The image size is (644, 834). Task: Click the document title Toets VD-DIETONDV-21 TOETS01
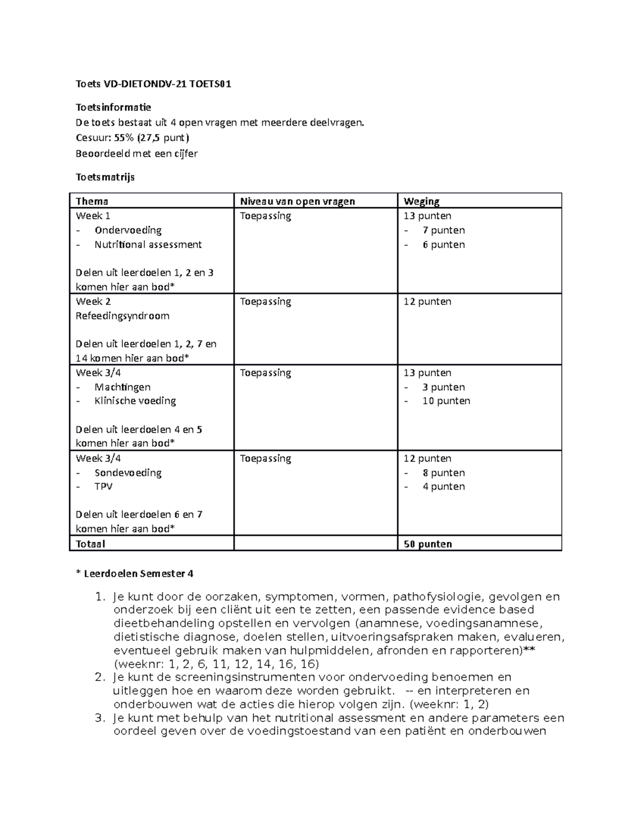(x=153, y=84)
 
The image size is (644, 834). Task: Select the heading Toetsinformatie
(x=113, y=107)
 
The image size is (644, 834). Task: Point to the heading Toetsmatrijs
(x=105, y=177)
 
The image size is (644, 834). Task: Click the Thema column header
(x=92, y=201)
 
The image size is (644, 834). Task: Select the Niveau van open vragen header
(x=297, y=201)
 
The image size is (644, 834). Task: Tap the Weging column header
(x=421, y=201)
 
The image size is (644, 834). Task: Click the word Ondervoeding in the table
(x=128, y=230)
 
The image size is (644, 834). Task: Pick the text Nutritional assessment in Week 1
(x=148, y=244)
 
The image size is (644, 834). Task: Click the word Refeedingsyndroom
(x=122, y=316)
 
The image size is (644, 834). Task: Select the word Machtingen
(x=122, y=387)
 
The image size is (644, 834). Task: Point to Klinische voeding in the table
(x=135, y=401)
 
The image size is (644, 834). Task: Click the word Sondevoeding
(x=128, y=473)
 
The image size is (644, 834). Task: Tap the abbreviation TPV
(x=104, y=487)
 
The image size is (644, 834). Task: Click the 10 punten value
(x=446, y=401)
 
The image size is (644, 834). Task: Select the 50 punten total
(x=428, y=544)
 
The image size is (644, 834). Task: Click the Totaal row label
(x=90, y=544)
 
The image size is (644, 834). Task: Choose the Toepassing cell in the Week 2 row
(x=265, y=302)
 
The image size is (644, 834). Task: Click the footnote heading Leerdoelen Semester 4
(x=138, y=574)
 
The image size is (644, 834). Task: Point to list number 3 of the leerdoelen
(x=98, y=718)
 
